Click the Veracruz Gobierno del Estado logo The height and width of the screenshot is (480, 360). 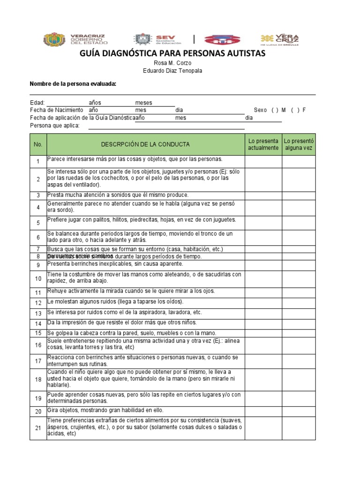pyautogui.click(x=74, y=39)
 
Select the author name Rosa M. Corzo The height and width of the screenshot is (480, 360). pyautogui.click(x=172, y=63)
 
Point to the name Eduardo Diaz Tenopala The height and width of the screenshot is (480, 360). pyautogui.click(x=172, y=71)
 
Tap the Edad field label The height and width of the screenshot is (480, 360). pyautogui.click(x=37, y=103)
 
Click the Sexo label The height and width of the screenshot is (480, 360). pyautogui.click(x=260, y=110)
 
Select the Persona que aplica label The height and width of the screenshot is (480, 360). pyautogui.click(x=55, y=126)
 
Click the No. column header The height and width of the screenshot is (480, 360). pyautogui.click(x=38, y=144)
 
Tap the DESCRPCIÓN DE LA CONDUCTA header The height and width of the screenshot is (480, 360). pyautogui.click(x=145, y=144)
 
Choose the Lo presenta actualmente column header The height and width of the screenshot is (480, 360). pyautogui.click(x=263, y=144)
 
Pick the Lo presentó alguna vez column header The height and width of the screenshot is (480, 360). pyautogui.click(x=299, y=144)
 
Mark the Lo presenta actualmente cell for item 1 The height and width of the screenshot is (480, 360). pyautogui.click(x=263, y=161)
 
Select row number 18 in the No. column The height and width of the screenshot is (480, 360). pyautogui.click(x=38, y=379)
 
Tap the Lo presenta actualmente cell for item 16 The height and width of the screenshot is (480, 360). pyautogui.click(x=263, y=345)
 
